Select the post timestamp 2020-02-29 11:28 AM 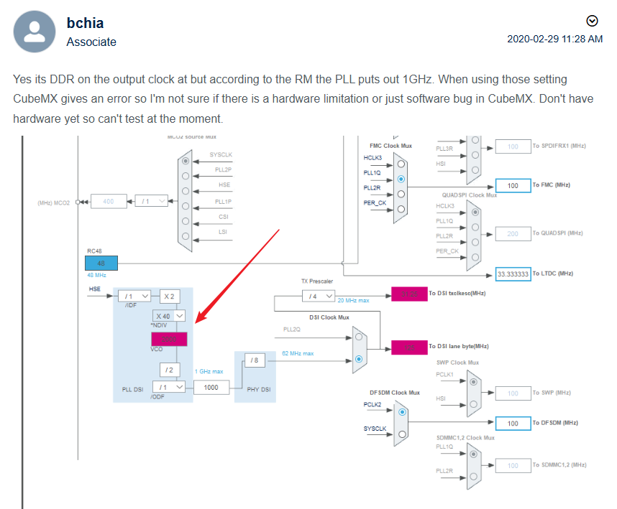click(x=554, y=39)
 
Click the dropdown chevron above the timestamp click(x=592, y=20)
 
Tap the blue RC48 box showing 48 click(x=101, y=263)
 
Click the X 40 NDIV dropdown click(x=170, y=315)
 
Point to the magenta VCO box click(x=169, y=339)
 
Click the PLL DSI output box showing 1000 click(x=211, y=387)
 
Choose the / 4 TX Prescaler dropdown click(x=316, y=295)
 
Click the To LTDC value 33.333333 click(x=513, y=274)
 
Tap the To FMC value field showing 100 click(x=513, y=185)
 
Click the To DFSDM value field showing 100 click(x=513, y=423)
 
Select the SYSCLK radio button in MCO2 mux click(x=186, y=162)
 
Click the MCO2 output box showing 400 click(x=109, y=202)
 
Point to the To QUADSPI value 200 click(x=513, y=233)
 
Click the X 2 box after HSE click(x=170, y=295)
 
